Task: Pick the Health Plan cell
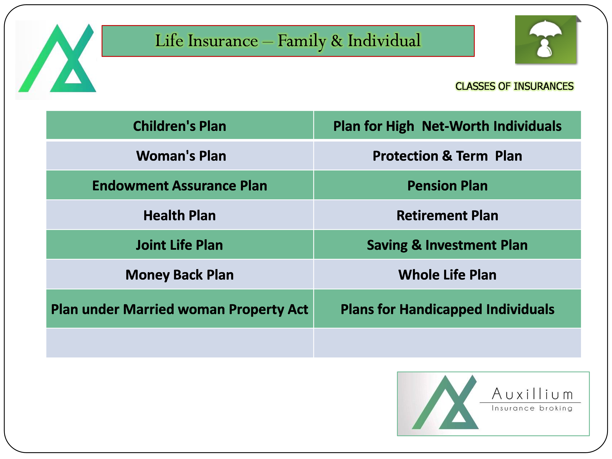[180, 215]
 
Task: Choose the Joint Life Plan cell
[180, 245]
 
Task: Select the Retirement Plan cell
[447, 215]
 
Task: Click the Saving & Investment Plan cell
[447, 245]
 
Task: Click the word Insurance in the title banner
[223, 41]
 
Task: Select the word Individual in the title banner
[384, 40]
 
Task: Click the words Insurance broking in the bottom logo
[532, 408]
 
